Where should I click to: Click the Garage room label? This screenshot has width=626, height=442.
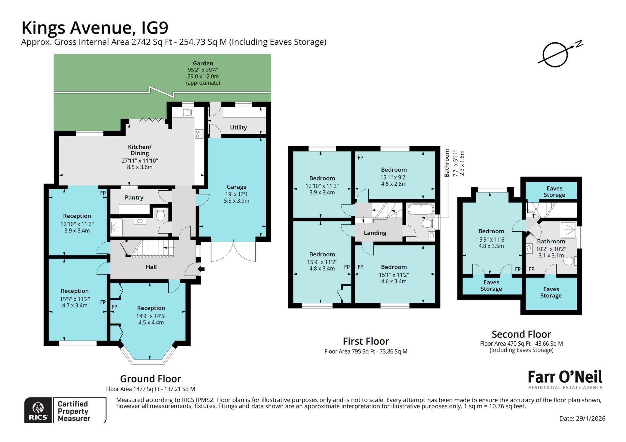(236, 187)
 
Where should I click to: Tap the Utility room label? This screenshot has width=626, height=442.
(238, 127)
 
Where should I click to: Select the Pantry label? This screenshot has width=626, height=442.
(134, 197)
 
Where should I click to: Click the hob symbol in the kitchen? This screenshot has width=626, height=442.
(199, 134)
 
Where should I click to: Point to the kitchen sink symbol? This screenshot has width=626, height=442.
(187, 112)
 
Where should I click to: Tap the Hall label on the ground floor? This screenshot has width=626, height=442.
(151, 267)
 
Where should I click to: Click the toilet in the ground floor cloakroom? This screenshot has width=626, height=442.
(160, 215)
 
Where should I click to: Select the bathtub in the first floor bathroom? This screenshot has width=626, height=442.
(421, 209)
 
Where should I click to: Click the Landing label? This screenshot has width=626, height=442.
(375, 233)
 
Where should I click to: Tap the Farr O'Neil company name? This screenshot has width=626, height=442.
(565, 377)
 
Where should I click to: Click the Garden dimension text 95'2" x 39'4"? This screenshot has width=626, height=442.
(203, 70)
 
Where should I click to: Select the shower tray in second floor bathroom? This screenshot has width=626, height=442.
(568, 230)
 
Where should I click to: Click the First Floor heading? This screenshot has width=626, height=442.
(366, 341)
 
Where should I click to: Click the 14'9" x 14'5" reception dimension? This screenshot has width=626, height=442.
(151, 316)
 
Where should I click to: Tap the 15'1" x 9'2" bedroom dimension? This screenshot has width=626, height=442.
(394, 177)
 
